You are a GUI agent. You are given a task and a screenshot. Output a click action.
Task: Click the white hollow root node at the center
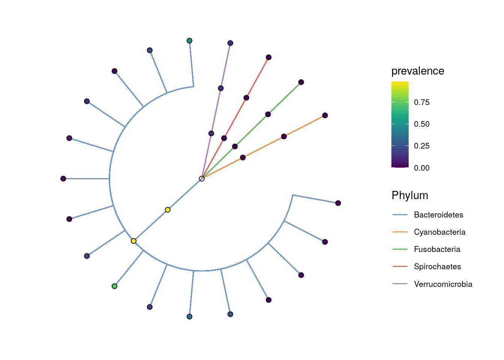click(x=202, y=178)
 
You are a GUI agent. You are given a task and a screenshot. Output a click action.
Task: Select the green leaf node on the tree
click(x=114, y=286)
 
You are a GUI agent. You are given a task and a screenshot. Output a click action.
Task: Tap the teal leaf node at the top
click(x=189, y=41)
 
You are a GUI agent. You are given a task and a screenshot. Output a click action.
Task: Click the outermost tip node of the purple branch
click(x=230, y=43)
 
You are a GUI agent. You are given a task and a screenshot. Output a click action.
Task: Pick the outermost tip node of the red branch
click(x=268, y=57)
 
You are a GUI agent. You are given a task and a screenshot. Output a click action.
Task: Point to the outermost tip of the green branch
click(x=301, y=82)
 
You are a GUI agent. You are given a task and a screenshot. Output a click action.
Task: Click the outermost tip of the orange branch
click(x=325, y=115)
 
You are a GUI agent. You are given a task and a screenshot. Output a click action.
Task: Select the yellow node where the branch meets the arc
click(x=133, y=241)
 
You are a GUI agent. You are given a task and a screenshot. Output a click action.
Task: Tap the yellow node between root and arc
click(x=168, y=210)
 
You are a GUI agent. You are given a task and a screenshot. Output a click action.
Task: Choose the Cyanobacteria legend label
click(x=439, y=232)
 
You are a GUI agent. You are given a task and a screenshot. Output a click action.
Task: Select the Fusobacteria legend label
click(x=437, y=249)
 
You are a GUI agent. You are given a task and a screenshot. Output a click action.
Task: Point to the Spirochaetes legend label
click(x=437, y=267)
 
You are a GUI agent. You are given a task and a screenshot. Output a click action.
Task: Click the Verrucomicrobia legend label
click(x=443, y=284)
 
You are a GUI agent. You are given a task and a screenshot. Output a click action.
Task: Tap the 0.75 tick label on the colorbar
click(x=421, y=102)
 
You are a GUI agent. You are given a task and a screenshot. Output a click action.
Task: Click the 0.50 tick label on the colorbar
click(x=421, y=124)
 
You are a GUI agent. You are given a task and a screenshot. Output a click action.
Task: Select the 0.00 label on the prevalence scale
click(x=421, y=168)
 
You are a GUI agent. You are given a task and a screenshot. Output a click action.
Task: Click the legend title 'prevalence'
click(x=418, y=71)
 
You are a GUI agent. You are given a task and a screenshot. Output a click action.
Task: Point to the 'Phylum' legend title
click(x=410, y=195)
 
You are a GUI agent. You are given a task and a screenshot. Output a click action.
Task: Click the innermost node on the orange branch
click(x=243, y=157)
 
